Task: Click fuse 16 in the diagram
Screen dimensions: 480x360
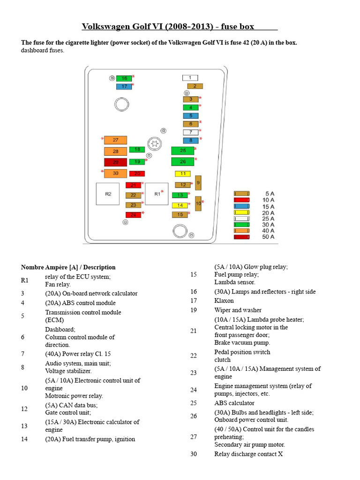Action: coord(124,78)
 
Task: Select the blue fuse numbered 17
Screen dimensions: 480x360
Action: coord(124,86)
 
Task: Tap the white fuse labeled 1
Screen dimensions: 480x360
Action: coord(190,78)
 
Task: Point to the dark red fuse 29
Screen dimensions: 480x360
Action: coord(115,163)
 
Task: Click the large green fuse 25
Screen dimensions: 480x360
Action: coord(182,150)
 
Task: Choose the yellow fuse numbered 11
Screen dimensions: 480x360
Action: coord(182,174)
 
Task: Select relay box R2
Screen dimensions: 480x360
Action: coord(108,194)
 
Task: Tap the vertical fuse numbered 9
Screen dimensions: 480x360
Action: coord(198,182)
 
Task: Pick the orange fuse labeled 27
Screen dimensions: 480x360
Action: coord(115,140)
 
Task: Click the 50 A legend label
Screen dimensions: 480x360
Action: coord(269,237)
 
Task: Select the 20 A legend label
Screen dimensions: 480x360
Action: coord(269,212)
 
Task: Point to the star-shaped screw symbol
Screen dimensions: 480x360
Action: coord(153,143)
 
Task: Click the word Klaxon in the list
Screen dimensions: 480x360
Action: coord(224,301)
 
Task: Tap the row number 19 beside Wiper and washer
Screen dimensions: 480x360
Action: coord(194,310)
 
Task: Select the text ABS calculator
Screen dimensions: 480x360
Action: coord(234,403)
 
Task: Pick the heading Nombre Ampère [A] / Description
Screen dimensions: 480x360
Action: coord(68,267)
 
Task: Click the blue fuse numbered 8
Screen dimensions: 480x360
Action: coord(190,140)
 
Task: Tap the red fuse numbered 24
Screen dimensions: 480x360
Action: coord(133,215)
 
